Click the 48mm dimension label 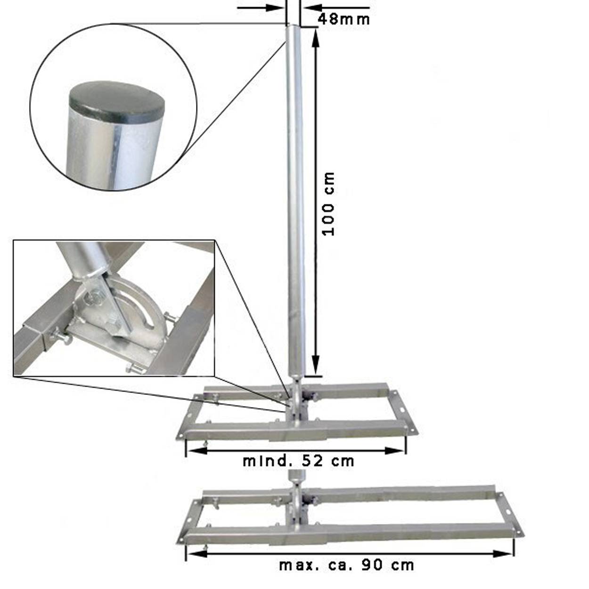click(x=344, y=19)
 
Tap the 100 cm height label click(x=328, y=204)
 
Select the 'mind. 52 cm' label click(x=298, y=461)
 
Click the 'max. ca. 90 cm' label click(x=347, y=564)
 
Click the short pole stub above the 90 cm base click(x=295, y=478)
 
